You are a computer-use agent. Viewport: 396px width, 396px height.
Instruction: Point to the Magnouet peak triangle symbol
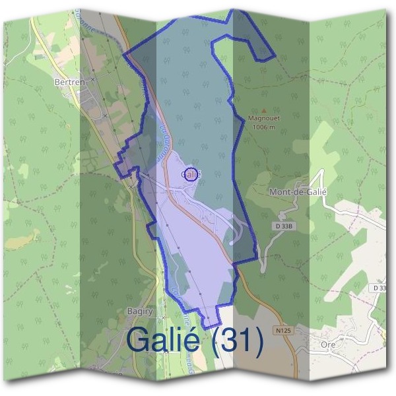click(x=264, y=111)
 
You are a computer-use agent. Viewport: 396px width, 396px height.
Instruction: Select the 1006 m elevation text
click(x=264, y=127)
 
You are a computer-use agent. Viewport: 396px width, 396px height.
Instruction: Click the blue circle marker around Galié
click(x=190, y=174)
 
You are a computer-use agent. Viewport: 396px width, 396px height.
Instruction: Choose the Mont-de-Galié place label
click(x=299, y=191)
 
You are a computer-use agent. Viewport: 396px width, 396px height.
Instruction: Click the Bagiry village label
click(x=139, y=310)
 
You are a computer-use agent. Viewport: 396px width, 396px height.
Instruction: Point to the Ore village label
click(x=327, y=345)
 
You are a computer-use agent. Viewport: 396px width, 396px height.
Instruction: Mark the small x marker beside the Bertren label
click(x=92, y=79)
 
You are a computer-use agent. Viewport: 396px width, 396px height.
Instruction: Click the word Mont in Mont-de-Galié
click(x=281, y=191)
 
